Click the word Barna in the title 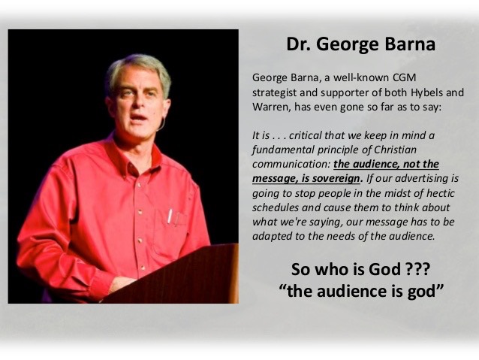(410, 44)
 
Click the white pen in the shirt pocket (170, 216)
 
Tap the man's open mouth (139, 117)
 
